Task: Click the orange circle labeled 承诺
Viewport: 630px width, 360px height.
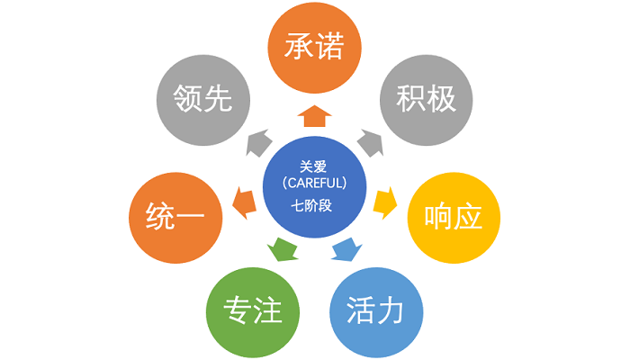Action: click(x=315, y=47)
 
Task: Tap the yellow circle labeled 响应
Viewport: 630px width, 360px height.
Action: click(x=454, y=217)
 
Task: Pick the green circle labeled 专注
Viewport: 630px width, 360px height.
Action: click(x=251, y=310)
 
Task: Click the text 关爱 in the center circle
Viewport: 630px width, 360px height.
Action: click(x=315, y=166)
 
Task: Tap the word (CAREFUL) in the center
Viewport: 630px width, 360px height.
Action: click(x=315, y=184)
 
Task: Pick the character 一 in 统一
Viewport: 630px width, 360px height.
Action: click(x=192, y=217)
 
